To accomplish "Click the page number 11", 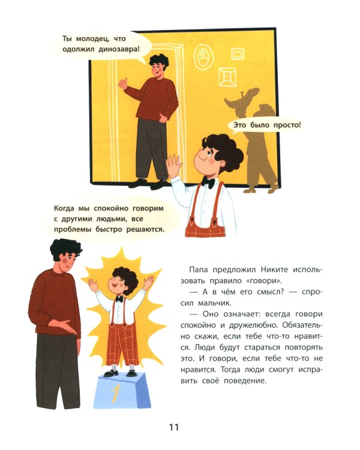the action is (174, 427).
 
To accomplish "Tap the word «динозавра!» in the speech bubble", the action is (119, 49).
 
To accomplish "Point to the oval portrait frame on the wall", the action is (204, 57).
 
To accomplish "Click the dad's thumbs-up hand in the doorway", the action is (123, 83).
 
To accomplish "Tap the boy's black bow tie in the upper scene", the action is (208, 182).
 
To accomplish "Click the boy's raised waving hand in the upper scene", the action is (174, 165).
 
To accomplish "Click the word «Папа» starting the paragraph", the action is (199, 270).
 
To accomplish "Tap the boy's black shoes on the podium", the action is (119, 373).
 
